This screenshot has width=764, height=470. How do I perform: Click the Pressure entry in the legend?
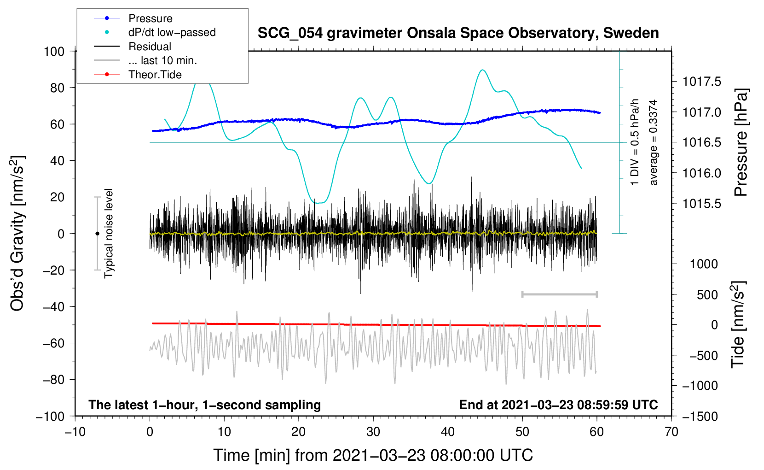click(x=150, y=18)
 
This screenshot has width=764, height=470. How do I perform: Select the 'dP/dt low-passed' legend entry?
click(x=172, y=32)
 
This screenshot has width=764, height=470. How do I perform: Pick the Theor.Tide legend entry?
click(x=155, y=75)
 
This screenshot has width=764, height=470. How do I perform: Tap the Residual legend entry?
click(x=150, y=47)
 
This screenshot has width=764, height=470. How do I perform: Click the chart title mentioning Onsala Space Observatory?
click(x=458, y=33)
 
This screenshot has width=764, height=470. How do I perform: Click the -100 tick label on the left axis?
click(x=51, y=416)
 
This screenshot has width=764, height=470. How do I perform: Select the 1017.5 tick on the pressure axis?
click(x=701, y=82)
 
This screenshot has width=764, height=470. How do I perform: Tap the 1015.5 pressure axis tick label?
click(x=701, y=204)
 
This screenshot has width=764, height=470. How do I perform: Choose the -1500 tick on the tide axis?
click(x=700, y=416)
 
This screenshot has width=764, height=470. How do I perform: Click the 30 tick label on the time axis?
click(x=373, y=432)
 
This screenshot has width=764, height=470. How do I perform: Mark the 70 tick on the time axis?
click(x=671, y=432)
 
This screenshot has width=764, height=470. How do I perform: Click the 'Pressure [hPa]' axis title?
click(x=741, y=143)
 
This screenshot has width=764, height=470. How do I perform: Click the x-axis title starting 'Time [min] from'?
click(x=373, y=455)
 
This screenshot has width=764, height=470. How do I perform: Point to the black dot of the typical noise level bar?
click(x=97, y=234)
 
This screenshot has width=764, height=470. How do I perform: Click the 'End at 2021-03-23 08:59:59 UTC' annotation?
click(x=558, y=405)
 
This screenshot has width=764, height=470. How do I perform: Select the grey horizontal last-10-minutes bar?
click(x=559, y=294)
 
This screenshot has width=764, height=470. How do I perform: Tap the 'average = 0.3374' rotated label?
click(x=654, y=142)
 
